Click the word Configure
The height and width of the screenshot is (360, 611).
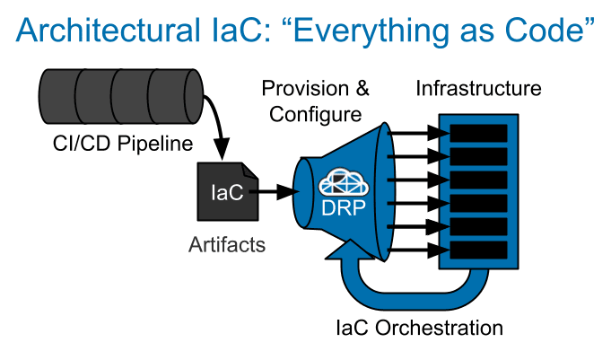[311, 115]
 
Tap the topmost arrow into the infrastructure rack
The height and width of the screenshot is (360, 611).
[422, 134]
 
